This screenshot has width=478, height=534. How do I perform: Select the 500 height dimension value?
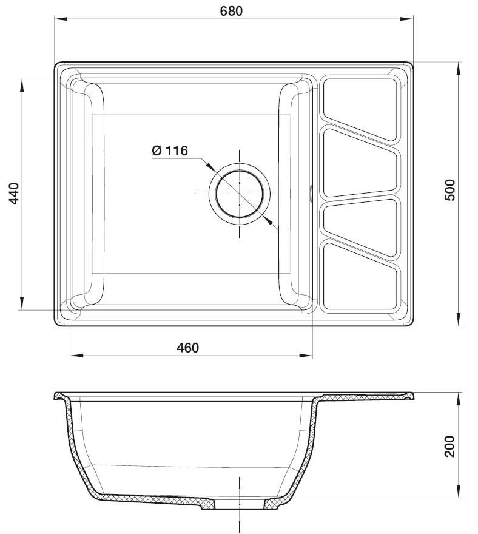[x=449, y=191]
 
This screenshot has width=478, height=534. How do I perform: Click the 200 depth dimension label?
[x=449, y=447]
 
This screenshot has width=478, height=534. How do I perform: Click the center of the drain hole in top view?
[x=240, y=193]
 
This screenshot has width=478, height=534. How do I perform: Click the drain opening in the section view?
[x=240, y=504]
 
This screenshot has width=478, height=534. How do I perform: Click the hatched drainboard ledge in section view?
[x=364, y=397]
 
